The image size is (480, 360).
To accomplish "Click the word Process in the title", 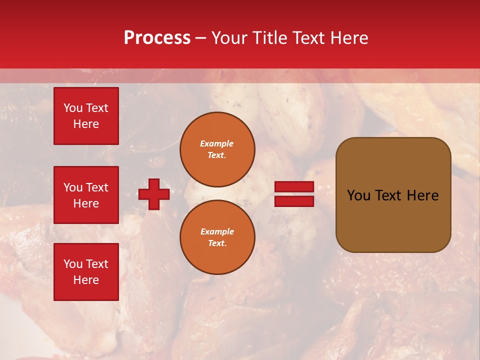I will point(157,38).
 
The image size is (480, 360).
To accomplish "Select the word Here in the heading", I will point(349,38).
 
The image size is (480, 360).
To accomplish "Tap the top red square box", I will point(86,116).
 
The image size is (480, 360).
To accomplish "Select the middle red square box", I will point(86,195).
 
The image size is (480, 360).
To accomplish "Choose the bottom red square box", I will point(86,272).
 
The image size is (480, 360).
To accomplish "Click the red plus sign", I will point(154,194).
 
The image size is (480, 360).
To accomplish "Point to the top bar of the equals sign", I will point(294,187).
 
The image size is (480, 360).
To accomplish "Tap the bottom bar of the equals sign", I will point(294,201).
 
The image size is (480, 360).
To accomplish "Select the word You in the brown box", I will point(358,195).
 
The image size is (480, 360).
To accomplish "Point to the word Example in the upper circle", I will point(217,143).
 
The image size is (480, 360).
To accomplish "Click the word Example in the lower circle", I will point(217,231).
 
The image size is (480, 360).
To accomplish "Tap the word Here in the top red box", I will point(86,124).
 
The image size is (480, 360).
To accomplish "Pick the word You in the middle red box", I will point(73,187).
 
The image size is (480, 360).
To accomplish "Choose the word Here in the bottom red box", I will point(86,280).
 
